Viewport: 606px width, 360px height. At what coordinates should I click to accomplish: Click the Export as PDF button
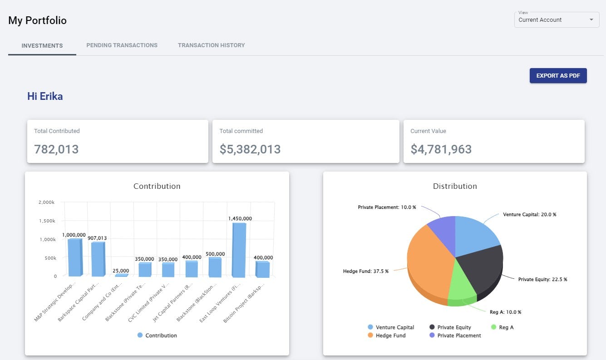click(x=558, y=76)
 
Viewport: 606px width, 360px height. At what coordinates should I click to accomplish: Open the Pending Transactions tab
click(x=122, y=45)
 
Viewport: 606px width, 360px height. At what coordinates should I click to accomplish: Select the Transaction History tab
click(x=211, y=45)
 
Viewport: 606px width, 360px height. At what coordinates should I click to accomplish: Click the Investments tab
click(x=42, y=46)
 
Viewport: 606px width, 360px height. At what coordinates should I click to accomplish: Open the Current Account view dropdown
click(x=557, y=20)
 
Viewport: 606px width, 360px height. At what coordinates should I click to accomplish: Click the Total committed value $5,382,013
click(x=250, y=149)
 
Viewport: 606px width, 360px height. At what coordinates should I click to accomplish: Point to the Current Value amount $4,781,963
click(x=441, y=149)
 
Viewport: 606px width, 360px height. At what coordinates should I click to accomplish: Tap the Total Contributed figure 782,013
click(x=56, y=149)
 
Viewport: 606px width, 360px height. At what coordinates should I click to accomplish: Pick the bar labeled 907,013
click(x=98, y=259)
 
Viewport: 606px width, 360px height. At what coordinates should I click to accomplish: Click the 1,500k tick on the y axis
click(x=47, y=221)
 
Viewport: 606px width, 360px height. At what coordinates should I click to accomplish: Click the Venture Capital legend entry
click(x=390, y=327)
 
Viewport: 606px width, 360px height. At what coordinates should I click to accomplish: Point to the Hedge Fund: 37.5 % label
click(x=365, y=271)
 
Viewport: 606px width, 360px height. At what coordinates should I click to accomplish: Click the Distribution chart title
click(x=455, y=186)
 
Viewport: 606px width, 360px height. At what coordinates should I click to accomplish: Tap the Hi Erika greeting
click(x=45, y=96)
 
